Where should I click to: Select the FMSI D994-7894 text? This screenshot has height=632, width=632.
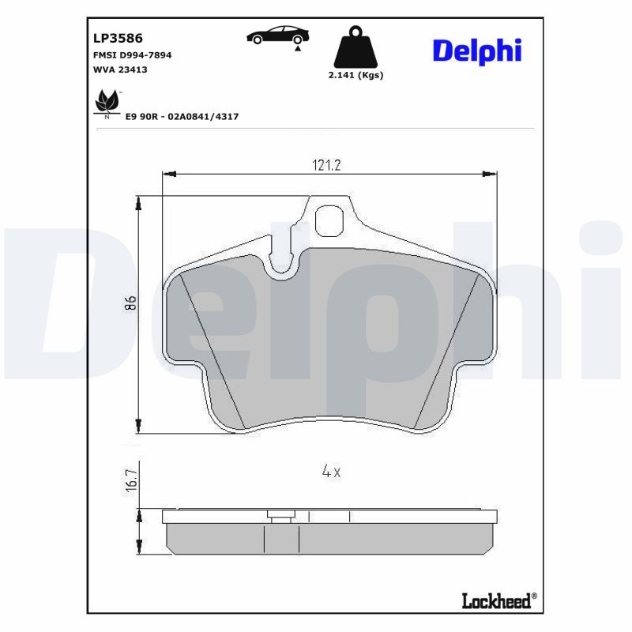click(133, 55)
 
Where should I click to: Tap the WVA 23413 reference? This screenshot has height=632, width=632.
click(120, 70)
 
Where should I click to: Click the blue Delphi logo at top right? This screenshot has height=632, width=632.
click(476, 51)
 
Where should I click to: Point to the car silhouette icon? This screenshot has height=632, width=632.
click(278, 35)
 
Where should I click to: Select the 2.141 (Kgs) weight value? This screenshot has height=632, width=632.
click(355, 76)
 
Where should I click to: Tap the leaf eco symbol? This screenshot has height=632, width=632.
click(106, 102)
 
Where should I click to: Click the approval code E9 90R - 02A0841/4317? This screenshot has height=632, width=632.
click(182, 117)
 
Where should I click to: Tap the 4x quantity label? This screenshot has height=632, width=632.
click(331, 472)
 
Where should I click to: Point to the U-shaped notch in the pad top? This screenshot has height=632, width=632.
click(282, 267)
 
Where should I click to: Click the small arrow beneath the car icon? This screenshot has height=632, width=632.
click(298, 49)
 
